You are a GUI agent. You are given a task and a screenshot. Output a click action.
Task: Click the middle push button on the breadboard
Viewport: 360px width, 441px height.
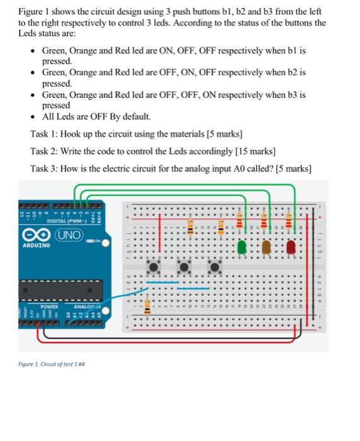(x=185, y=268)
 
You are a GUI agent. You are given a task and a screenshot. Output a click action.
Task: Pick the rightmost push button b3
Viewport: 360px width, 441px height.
(x=214, y=268)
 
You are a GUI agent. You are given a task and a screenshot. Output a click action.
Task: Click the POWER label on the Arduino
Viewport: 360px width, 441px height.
(x=49, y=306)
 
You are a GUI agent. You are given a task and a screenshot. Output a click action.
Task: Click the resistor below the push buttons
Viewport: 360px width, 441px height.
(x=148, y=307)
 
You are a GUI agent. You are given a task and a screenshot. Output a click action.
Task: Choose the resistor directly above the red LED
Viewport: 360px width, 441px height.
(x=289, y=221)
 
